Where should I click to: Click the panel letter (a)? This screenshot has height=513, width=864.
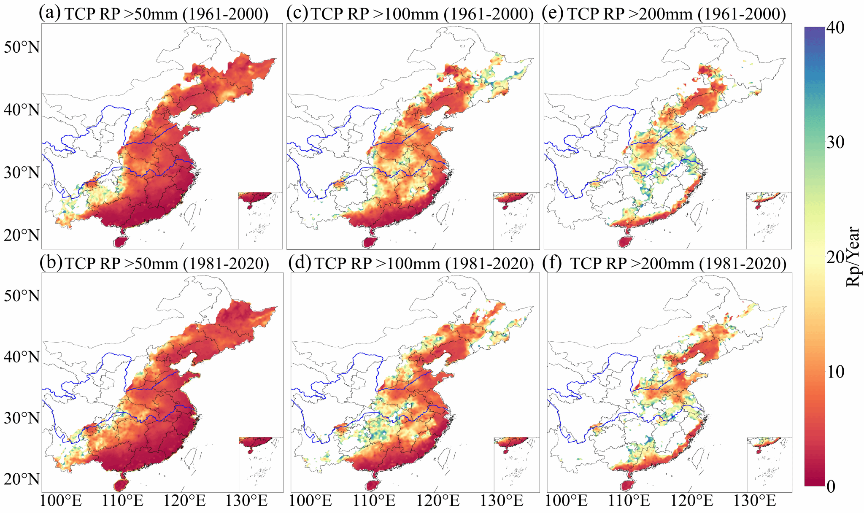(50, 13)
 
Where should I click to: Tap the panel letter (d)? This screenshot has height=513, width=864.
(300, 263)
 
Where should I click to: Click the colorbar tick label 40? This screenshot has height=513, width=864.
(835, 28)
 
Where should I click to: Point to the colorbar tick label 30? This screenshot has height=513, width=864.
(835, 143)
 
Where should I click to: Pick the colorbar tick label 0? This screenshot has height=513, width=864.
(831, 486)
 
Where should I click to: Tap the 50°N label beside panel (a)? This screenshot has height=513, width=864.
(22, 47)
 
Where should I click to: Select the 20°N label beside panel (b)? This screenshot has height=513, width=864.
(22, 479)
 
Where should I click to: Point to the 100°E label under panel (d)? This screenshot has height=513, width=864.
(311, 501)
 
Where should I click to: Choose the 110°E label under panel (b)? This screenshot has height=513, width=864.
(122, 501)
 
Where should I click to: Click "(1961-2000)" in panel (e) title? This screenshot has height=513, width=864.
(742, 14)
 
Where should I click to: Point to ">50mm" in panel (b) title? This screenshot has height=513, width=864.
(151, 263)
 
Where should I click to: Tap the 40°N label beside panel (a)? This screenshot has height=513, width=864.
(22, 110)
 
